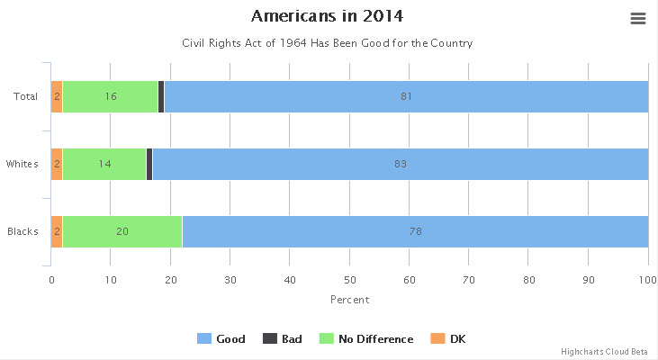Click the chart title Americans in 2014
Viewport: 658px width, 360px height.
point(327,16)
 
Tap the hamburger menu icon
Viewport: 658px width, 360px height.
point(638,19)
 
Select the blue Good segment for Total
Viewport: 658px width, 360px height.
point(406,96)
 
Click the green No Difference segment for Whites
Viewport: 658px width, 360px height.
point(104,164)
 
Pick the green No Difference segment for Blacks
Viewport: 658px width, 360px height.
point(122,231)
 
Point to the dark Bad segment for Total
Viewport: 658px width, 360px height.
point(161,96)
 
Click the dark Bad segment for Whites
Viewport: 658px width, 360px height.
point(149,164)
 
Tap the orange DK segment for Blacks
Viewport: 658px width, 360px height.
point(57,231)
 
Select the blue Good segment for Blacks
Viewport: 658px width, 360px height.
point(415,231)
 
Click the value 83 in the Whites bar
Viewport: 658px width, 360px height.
point(401,164)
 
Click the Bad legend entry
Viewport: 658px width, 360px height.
point(282,339)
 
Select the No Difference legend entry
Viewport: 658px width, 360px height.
point(367,339)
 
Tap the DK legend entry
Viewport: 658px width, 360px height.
point(447,339)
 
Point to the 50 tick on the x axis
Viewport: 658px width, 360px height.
point(349,280)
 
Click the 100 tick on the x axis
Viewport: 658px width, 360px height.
point(648,280)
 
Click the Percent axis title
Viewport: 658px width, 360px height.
point(349,300)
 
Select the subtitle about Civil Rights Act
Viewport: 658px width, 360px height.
point(327,43)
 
